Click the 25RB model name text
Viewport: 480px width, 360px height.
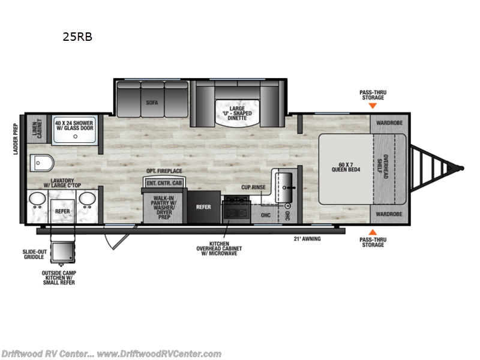tap(77, 36)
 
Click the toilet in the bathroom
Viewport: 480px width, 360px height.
tap(41, 162)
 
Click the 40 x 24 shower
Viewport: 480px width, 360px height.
tap(76, 129)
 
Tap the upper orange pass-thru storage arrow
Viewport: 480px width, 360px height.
tap(372, 106)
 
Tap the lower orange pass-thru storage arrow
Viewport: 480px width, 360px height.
tap(372, 232)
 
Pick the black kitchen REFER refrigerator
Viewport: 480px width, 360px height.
tap(204, 208)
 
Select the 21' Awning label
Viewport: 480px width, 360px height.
tap(307, 239)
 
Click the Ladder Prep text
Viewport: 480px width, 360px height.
tap(16, 139)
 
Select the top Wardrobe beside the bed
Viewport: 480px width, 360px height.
tap(388, 124)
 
